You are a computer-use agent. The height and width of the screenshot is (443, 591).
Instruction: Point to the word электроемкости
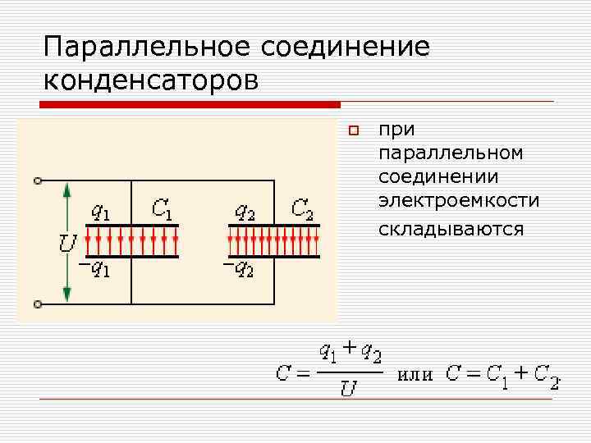tap(459, 200)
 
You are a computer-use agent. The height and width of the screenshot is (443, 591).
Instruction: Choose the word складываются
tap(451, 229)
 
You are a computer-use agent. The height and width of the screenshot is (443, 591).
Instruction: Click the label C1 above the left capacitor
tap(162, 209)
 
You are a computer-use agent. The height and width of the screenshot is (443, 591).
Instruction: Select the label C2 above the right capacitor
tap(303, 209)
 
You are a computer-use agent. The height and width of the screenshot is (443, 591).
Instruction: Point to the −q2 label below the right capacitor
tap(238, 268)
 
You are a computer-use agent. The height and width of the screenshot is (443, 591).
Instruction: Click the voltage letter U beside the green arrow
tap(65, 243)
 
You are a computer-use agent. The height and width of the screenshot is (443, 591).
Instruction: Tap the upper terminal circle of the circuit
tap(38, 180)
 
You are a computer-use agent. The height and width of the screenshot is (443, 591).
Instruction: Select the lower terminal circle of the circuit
tap(38, 304)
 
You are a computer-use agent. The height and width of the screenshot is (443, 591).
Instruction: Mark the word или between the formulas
tap(415, 375)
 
